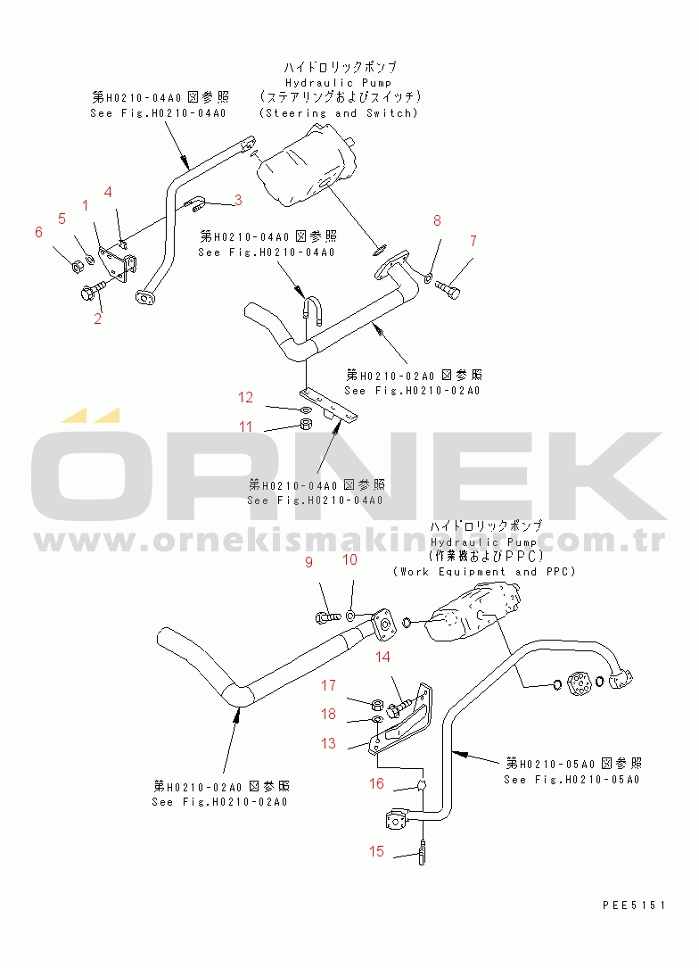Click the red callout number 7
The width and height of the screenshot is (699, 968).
click(473, 240)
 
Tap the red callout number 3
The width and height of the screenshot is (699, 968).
click(238, 200)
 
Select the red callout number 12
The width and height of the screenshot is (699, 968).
click(245, 397)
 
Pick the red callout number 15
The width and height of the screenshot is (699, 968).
click(376, 851)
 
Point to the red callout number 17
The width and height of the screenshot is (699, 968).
click(329, 685)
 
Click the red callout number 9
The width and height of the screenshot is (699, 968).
click(309, 562)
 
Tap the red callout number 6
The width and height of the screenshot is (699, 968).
click(38, 232)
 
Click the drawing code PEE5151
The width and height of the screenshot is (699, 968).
click(633, 905)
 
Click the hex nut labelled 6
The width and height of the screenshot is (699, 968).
click(78, 265)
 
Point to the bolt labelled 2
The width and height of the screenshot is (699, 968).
click(93, 290)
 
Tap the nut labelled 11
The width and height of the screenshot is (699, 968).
click(303, 424)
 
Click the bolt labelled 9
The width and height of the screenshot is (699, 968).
click(327, 615)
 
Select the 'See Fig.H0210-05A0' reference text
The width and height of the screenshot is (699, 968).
click(571, 779)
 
